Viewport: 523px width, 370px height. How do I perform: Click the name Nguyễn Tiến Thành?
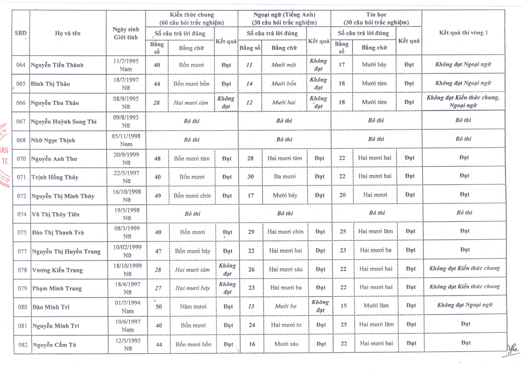tap(57, 65)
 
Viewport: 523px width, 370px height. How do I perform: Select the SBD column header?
tap(21, 33)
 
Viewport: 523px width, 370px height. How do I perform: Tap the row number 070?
tap(21, 158)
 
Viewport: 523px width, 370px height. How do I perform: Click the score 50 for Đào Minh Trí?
tap(158, 307)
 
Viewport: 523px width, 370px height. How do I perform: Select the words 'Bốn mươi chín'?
tap(192, 196)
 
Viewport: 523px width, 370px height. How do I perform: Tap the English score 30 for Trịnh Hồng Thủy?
tap(251, 177)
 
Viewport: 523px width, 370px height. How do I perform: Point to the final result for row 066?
tap(463, 102)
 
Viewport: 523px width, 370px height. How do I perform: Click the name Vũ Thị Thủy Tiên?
tap(55, 214)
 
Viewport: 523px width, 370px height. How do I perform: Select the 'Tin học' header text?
tap(376, 15)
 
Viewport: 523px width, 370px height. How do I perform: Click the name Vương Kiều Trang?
tap(57, 270)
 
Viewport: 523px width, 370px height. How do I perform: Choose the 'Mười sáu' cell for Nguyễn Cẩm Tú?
tap(285, 344)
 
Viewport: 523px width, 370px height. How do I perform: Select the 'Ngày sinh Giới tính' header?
tap(126, 33)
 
